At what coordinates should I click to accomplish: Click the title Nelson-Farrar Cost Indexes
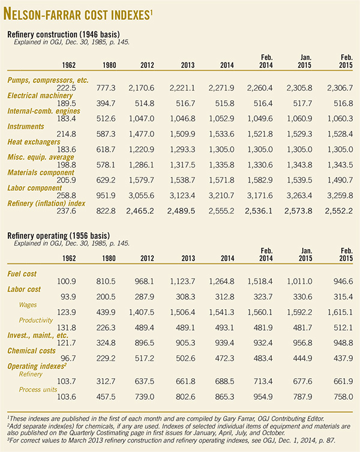pyautogui.click(x=78, y=13)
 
